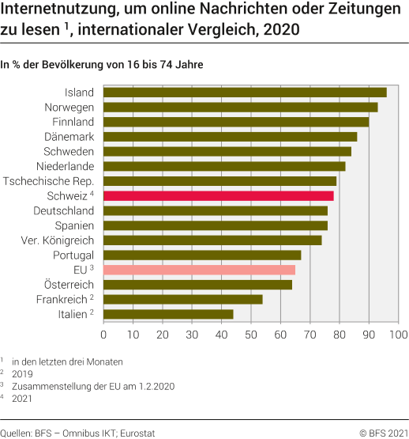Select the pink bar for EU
(x=199, y=270)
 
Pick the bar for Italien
(x=168, y=314)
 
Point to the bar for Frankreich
(x=183, y=299)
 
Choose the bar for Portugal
(x=202, y=255)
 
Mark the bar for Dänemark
(x=231, y=137)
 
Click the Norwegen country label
(x=69, y=108)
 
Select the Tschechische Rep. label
(x=49, y=181)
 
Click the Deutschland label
(x=64, y=211)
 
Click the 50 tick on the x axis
(x=251, y=335)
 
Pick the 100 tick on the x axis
(x=398, y=335)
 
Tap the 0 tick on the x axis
(x=103, y=335)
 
